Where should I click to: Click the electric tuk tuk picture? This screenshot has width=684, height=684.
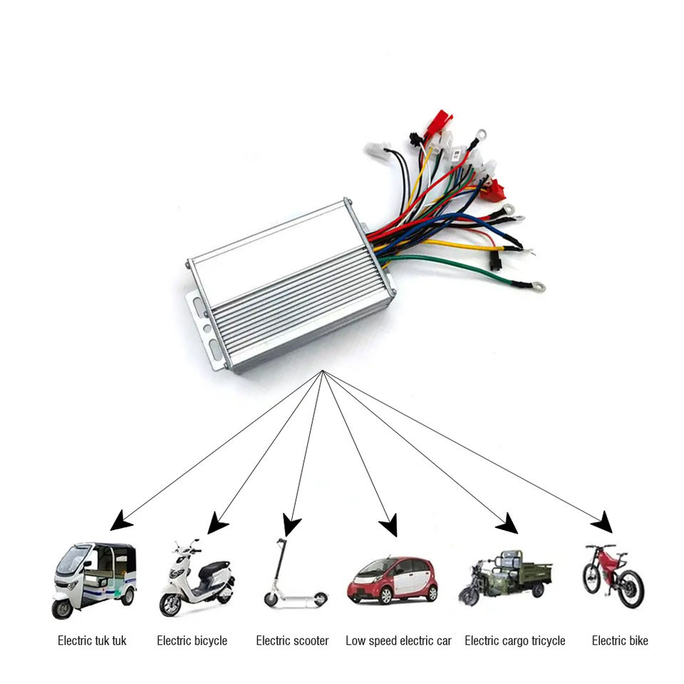[x=94, y=579]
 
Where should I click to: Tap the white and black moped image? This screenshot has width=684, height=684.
[x=195, y=579]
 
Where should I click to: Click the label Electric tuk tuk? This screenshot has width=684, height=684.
[x=92, y=641]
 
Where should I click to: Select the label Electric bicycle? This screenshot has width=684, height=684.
[x=192, y=641]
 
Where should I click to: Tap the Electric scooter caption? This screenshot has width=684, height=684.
[x=292, y=641]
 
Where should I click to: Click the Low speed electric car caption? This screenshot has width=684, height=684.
[x=398, y=641]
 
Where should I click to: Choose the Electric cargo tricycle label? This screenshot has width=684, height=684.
[x=514, y=641]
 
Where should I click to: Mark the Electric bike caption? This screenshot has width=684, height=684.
[x=620, y=641]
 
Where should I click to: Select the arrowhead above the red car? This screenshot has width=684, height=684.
[x=388, y=527]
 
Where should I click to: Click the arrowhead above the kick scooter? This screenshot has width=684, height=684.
[x=290, y=527]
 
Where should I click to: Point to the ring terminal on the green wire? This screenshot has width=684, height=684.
[x=538, y=289]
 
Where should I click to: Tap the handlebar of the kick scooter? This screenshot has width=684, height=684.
[x=281, y=541]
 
